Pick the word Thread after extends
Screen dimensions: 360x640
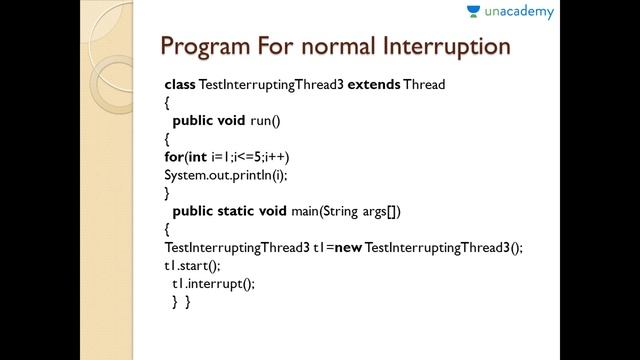424,85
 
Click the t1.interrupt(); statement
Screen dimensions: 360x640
213,283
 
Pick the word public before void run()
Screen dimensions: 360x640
195,120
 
